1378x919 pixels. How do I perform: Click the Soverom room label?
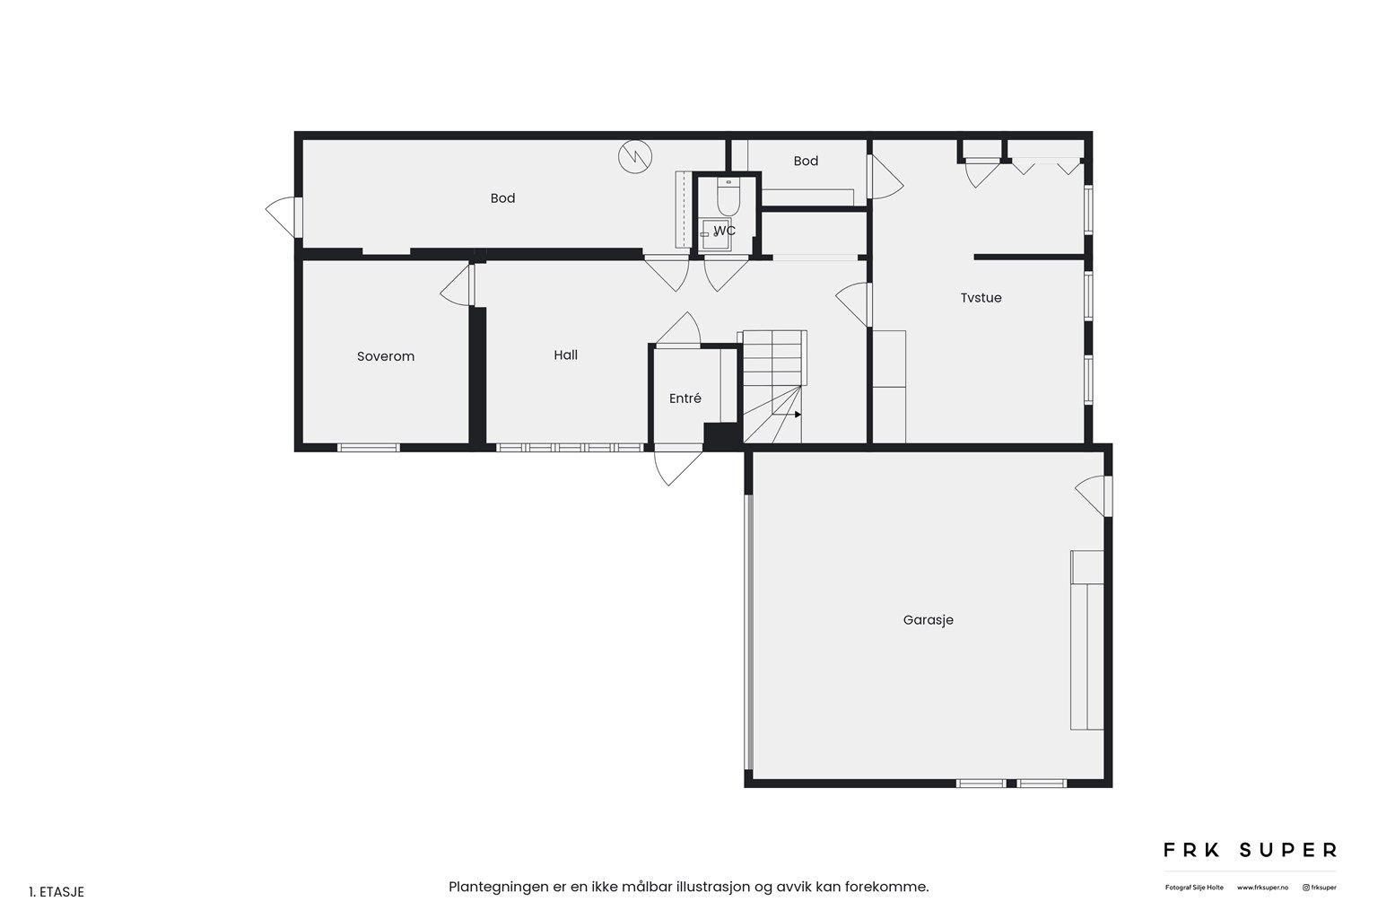coord(386,356)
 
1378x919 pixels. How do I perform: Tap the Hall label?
coord(565,355)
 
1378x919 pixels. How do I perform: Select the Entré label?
coord(685,398)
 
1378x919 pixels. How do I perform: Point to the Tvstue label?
coord(981,298)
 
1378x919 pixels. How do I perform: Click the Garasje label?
coord(929,620)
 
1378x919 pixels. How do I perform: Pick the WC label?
coord(725,231)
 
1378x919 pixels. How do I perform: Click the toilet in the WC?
coord(728,196)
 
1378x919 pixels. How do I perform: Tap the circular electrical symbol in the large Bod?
coord(635,156)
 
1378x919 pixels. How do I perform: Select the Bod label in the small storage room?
coord(806,162)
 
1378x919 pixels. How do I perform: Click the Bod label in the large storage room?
coord(502,198)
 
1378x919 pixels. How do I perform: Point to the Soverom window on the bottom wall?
coord(369,448)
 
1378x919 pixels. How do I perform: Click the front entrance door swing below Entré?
coord(676,465)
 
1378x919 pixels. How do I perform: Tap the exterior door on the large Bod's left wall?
coord(283,216)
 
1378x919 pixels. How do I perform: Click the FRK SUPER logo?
coord(1250,850)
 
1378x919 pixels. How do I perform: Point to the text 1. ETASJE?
coord(57,892)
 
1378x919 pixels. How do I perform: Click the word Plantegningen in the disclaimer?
coord(498,887)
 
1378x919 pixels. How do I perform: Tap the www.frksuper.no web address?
coord(1262,888)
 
